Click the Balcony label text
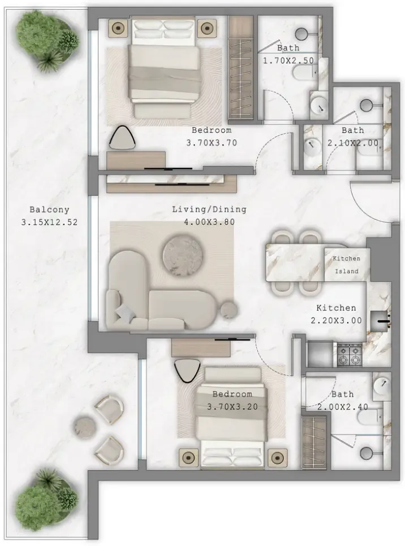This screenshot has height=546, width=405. tap(49, 209)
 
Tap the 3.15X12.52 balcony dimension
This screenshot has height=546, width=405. tap(49, 222)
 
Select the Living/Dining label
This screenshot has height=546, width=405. tap(209, 209)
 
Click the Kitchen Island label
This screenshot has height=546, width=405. tap(347, 265)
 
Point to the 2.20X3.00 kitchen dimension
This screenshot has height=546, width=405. tap(336, 320)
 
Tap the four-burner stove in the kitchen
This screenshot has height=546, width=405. tap(350, 355)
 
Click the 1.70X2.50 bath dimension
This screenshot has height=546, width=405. tap(288, 61)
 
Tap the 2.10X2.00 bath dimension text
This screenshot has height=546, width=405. tap(353, 143)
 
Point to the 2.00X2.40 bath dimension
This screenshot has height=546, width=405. tap(343, 407)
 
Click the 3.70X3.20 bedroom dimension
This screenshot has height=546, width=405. tap(232, 407)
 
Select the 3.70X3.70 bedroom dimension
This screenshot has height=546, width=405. tap(212, 143)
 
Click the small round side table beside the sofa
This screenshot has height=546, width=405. tap(230, 310)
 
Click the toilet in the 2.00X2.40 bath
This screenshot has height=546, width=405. tap(378, 415)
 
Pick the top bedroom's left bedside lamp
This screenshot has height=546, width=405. tap(119, 27)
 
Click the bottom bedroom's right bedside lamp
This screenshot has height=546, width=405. tap(278, 457)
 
